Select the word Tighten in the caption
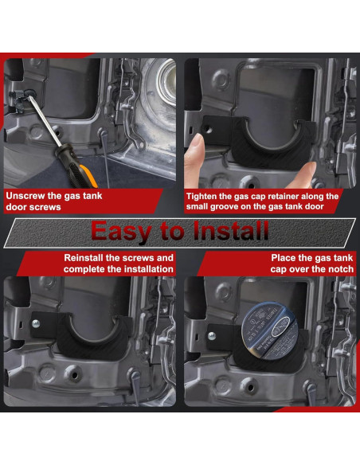coord(202,197)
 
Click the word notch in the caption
coord(341,269)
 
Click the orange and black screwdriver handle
coord(76,167)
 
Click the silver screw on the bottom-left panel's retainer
coord(36,324)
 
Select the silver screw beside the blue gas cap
coord(212,336)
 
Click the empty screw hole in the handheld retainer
coord(208,130)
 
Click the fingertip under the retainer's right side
coord(302,175)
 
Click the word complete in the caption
coord(84,269)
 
